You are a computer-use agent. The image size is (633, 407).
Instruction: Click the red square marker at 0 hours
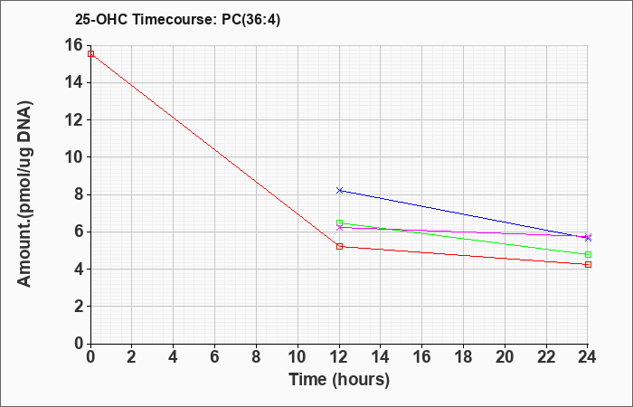click(90, 53)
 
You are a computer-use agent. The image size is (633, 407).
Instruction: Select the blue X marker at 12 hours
click(339, 190)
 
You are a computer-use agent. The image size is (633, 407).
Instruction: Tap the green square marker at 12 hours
click(339, 222)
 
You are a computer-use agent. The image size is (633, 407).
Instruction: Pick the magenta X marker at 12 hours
click(339, 228)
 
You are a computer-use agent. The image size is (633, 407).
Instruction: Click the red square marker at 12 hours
click(339, 246)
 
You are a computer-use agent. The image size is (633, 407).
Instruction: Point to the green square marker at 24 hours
click(588, 255)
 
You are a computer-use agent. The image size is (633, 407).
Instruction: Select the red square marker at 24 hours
click(588, 264)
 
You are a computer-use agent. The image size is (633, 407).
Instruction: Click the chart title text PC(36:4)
click(251, 20)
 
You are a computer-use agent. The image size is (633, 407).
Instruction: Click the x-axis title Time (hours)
click(339, 380)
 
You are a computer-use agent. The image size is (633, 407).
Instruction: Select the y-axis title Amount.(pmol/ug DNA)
click(25, 194)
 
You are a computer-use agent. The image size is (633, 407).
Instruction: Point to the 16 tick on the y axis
click(73, 45)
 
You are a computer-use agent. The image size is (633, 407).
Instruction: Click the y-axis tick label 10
click(73, 157)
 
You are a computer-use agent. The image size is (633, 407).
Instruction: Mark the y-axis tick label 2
click(78, 307)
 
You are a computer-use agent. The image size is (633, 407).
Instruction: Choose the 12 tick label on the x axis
click(339, 357)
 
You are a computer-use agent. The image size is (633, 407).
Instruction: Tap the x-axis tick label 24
click(588, 357)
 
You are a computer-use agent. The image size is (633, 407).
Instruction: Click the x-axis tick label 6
click(215, 357)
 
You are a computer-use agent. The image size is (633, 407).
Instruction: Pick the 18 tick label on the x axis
click(463, 357)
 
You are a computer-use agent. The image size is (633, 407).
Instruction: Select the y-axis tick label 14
click(73, 83)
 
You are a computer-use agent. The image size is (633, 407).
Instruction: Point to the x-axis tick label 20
click(505, 357)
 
